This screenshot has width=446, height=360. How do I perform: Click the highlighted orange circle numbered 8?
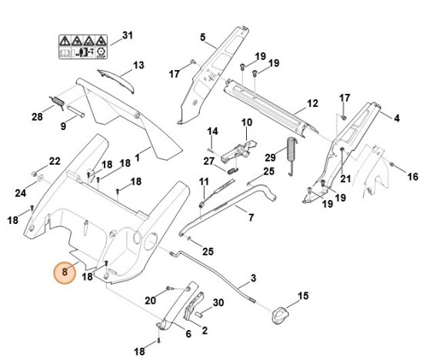pyautogui.click(x=65, y=272)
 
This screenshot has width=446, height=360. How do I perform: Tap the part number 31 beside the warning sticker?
pyautogui.click(x=128, y=36)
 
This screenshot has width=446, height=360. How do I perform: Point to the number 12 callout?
pyautogui.click(x=312, y=103)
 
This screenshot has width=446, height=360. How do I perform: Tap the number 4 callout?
pyautogui.click(x=397, y=118)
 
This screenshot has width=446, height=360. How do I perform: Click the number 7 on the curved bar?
pyautogui.click(x=251, y=218)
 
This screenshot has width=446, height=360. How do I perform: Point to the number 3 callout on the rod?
pyautogui.click(x=253, y=277)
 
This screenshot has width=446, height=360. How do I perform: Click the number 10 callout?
pyautogui.click(x=246, y=122)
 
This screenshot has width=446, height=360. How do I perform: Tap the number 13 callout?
pyautogui.click(x=138, y=65)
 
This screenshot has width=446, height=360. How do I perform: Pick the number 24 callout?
pyautogui.click(x=21, y=192)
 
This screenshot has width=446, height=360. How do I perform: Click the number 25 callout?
pyautogui.click(x=208, y=252)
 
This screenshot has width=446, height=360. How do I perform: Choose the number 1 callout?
pyautogui.click(x=138, y=158)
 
